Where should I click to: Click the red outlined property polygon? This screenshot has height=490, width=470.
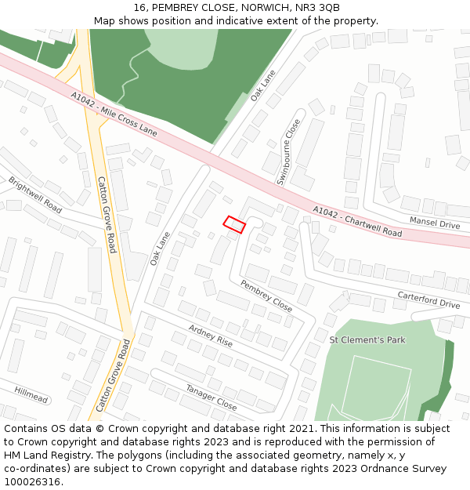[234, 224]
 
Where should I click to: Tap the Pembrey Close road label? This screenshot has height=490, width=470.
[266, 296]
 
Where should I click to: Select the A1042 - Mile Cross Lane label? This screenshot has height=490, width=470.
[114, 114]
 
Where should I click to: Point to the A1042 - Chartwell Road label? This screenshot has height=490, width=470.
[357, 222]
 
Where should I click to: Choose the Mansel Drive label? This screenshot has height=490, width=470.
[435, 223]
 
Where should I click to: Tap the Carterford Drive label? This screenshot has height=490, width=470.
[428, 299]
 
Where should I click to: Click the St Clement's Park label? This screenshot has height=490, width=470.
[367, 340]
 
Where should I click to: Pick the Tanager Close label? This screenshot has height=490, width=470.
[211, 397]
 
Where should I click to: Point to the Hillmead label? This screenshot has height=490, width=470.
[31, 394]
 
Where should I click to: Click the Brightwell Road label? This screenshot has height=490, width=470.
[35, 195]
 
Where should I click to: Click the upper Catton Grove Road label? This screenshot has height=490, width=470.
[107, 214]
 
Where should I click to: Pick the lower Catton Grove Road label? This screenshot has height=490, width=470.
[114, 376]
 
